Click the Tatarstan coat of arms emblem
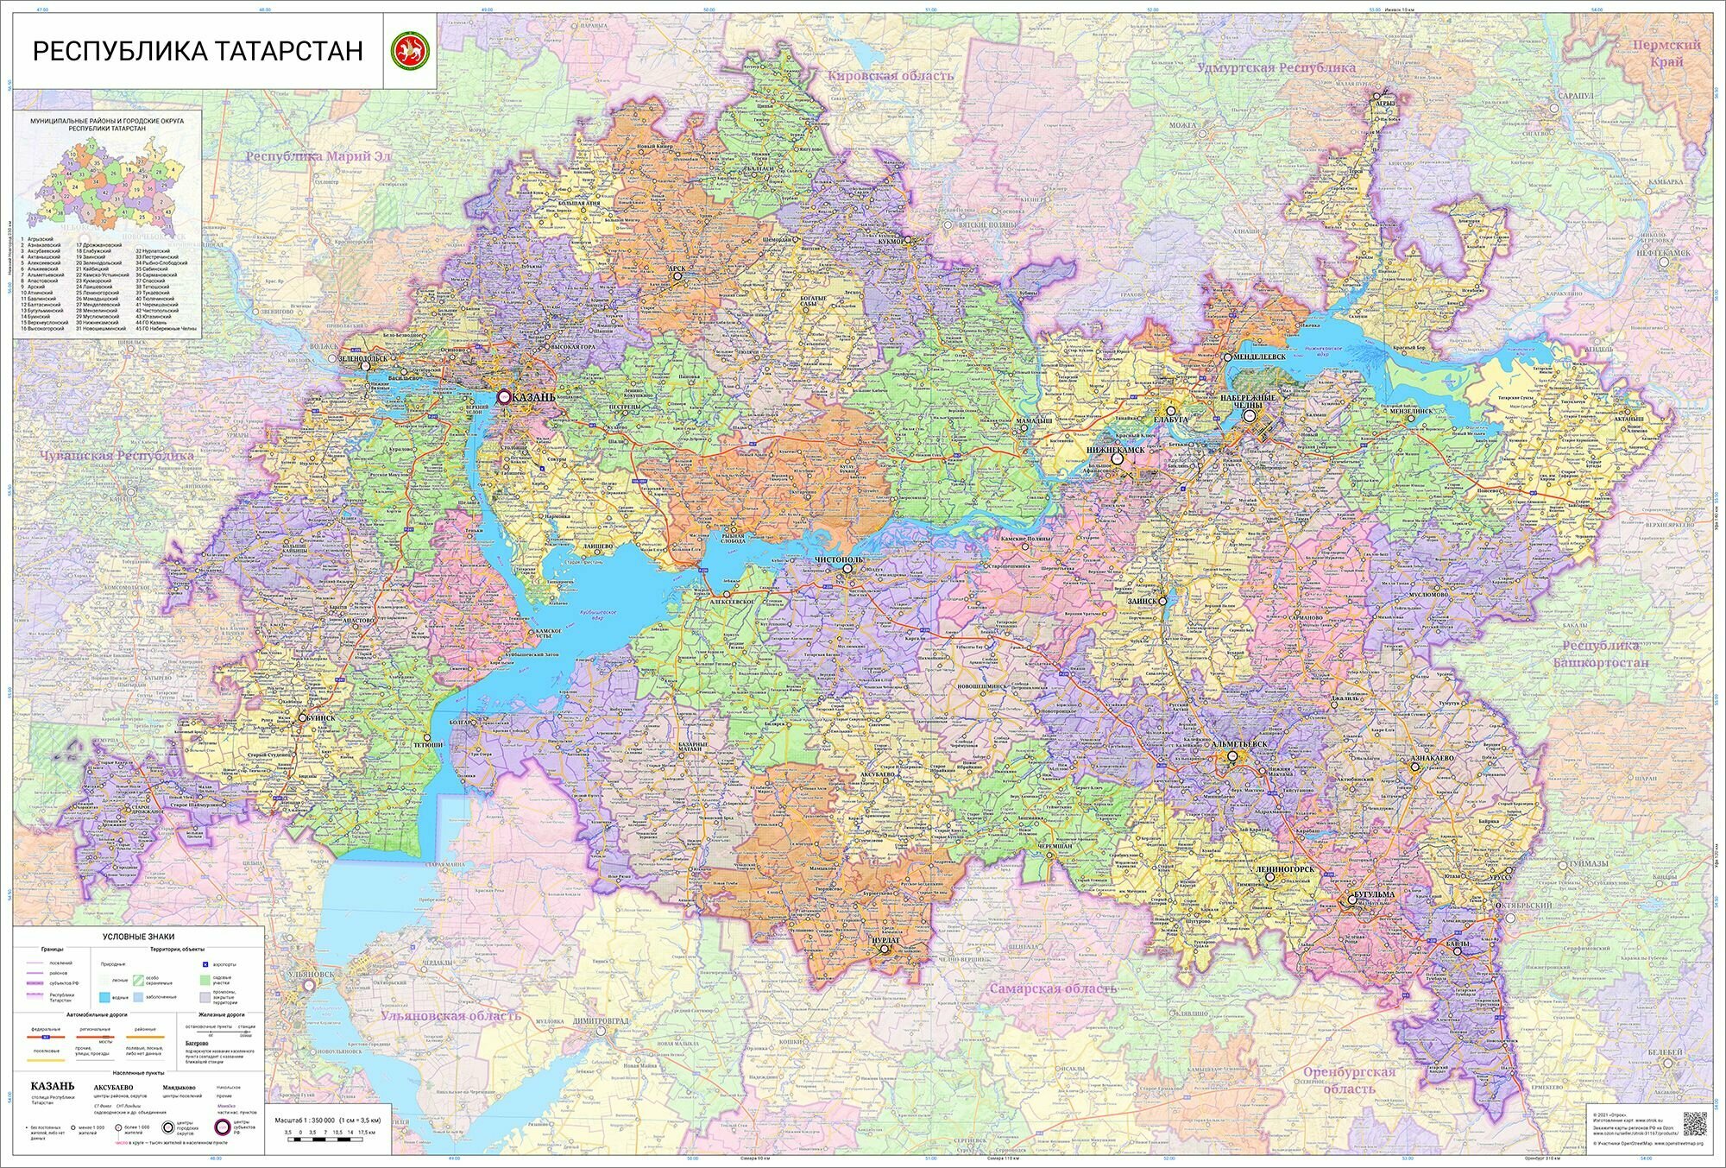(408, 52)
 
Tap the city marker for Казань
(504, 396)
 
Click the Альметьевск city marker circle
(1233, 756)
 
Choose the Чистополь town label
(839, 559)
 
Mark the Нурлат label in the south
(885, 938)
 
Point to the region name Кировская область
(891, 76)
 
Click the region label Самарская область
(1053, 988)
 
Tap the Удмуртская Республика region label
(1276, 67)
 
